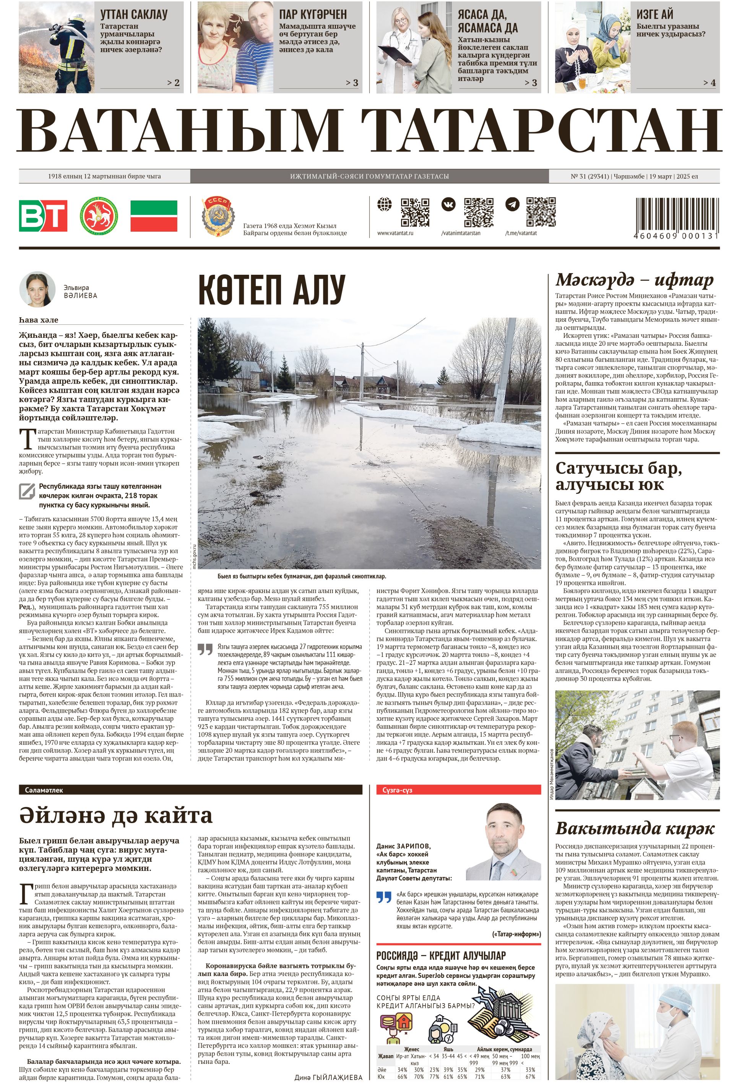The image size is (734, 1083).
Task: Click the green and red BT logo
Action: (x=43, y=216)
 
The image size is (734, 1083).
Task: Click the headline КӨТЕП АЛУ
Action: (x=271, y=289)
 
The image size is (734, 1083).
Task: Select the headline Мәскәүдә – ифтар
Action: (x=634, y=280)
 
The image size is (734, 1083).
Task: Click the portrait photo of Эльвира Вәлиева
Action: (x=37, y=289)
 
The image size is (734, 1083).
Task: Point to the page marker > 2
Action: (x=173, y=83)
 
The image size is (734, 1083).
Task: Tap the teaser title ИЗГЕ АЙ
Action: (x=655, y=14)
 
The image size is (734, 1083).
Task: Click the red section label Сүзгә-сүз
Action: (x=397, y=790)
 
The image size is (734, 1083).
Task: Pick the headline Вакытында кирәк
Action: (x=635, y=828)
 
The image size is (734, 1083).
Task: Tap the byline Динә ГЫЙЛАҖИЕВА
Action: (x=328, y=1077)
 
